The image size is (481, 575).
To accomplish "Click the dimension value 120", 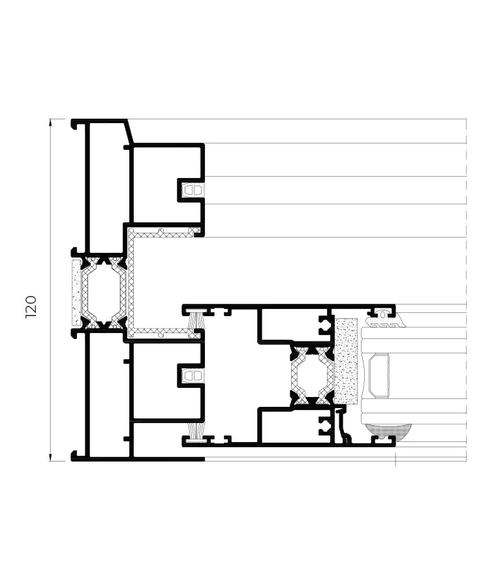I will [31, 306].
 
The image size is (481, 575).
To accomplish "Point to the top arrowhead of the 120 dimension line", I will [51, 122].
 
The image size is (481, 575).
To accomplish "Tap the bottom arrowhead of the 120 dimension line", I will [51, 458].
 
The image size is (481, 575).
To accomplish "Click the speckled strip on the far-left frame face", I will [76, 293].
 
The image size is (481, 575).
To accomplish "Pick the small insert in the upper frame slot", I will [191, 190].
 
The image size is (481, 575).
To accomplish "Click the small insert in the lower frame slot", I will [191, 376].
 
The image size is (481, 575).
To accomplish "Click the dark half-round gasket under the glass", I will [388, 430].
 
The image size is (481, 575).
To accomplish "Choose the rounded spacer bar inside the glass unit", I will [379, 376].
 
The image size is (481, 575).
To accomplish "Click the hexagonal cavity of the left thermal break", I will [101, 293].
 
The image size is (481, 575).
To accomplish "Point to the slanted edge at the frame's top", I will [130, 132].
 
